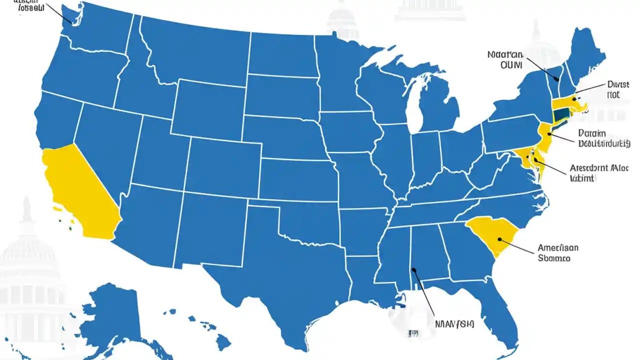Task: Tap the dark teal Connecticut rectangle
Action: tap(561, 114)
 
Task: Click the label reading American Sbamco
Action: tap(558, 253)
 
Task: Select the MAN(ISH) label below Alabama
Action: tap(455, 323)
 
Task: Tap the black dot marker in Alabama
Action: tap(413, 270)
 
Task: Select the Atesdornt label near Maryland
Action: tap(599, 173)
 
